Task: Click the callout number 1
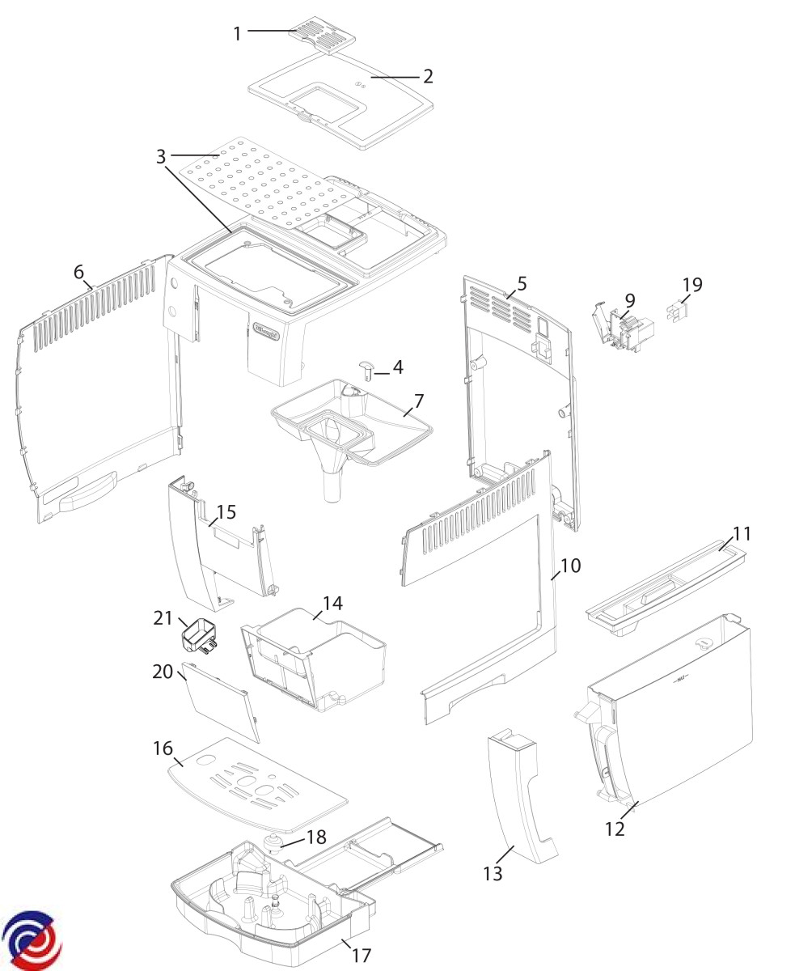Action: point(237,33)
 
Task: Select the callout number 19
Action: point(692,285)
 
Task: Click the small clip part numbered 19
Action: point(677,310)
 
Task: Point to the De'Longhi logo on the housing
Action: point(268,330)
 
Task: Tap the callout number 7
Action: point(419,400)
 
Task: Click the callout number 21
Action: point(164,618)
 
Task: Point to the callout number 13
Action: point(493,874)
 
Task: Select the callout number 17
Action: point(361,956)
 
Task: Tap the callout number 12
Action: point(615,829)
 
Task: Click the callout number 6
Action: point(78,273)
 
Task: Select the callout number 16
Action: point(163,748)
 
